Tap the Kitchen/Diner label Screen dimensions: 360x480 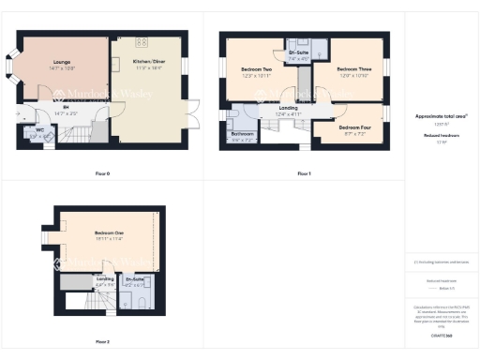(143, 62)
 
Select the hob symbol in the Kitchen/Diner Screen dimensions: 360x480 (143, 42)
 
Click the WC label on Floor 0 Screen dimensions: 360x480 (39, 130)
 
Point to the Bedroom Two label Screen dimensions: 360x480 (256, 69)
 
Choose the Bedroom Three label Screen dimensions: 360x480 (348, 69)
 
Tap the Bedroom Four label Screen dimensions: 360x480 (353, 127)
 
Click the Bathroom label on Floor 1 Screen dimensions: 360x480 (242, 134)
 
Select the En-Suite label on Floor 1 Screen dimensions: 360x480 (299, 53)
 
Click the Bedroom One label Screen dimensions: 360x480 (109, 232)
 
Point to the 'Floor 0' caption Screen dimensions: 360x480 (103, 174)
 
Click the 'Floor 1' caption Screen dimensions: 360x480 (303, 174)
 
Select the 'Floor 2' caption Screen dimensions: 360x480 (102, 342)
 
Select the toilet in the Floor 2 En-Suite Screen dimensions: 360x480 (137, 305)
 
